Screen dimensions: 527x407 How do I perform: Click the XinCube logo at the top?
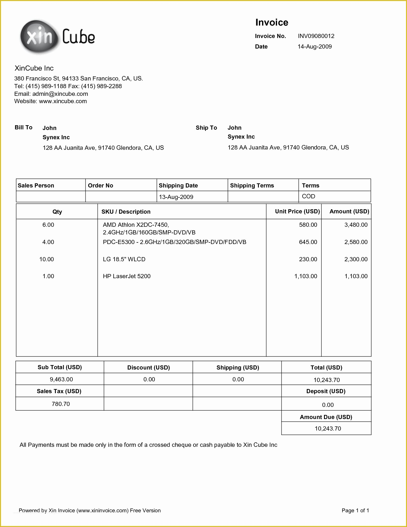(x=57, y=37)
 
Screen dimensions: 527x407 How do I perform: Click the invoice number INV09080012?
(x=316, y=36)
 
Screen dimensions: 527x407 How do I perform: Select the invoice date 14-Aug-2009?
(x=314, y=47)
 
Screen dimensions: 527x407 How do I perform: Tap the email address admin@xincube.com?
(x=60, y=94)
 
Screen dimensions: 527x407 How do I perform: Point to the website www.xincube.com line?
(x=50, y=101)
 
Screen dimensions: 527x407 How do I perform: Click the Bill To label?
(x=24, y=127)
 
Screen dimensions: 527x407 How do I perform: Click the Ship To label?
(x=206, y=128)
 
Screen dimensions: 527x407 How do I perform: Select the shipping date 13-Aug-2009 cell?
(x=176, y=197)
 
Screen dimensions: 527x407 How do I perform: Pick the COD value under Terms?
(x=308, y=196)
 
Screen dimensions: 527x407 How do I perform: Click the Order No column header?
(x=101, y=186)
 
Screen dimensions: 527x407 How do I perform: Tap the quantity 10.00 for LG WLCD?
(x=47, y=259)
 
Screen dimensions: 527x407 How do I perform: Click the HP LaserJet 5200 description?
(x=127, y=276)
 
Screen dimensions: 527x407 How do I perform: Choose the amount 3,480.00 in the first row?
(x=356, y=225)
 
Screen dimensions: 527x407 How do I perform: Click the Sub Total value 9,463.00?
(x=61, y=379)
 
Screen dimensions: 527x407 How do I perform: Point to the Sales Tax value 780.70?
(x=61, y=404)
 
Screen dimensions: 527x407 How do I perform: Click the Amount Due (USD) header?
(x=326, y=417)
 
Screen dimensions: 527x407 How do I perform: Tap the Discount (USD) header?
(x=148, y=368)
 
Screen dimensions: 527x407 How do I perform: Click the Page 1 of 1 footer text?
(x=355, y=510)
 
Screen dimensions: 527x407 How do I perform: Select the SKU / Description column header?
(x=126, y=212)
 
